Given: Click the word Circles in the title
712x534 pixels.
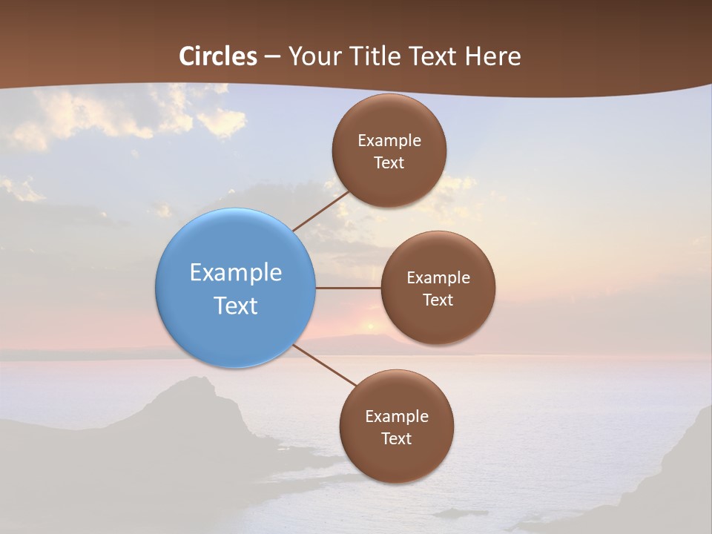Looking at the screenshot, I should click(218, 56).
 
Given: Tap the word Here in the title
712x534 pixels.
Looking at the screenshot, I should click(493, 56).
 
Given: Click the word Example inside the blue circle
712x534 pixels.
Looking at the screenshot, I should click(236, 273).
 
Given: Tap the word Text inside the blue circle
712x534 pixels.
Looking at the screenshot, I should click(236, 306).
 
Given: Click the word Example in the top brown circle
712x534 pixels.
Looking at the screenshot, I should click(389, 141).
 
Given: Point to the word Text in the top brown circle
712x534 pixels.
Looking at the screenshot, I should click(389, 163).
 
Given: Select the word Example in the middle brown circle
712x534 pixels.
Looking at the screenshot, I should click(438, 278).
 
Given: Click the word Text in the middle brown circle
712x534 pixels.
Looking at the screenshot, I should click(438, 300).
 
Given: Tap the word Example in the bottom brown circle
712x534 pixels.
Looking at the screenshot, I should click(397, 417).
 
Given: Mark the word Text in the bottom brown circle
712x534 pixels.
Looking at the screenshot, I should click(397, 439).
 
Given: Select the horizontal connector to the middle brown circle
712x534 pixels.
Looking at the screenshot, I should click(349, 288).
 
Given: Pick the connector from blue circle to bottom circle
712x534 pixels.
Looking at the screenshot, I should click(326, 366).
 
